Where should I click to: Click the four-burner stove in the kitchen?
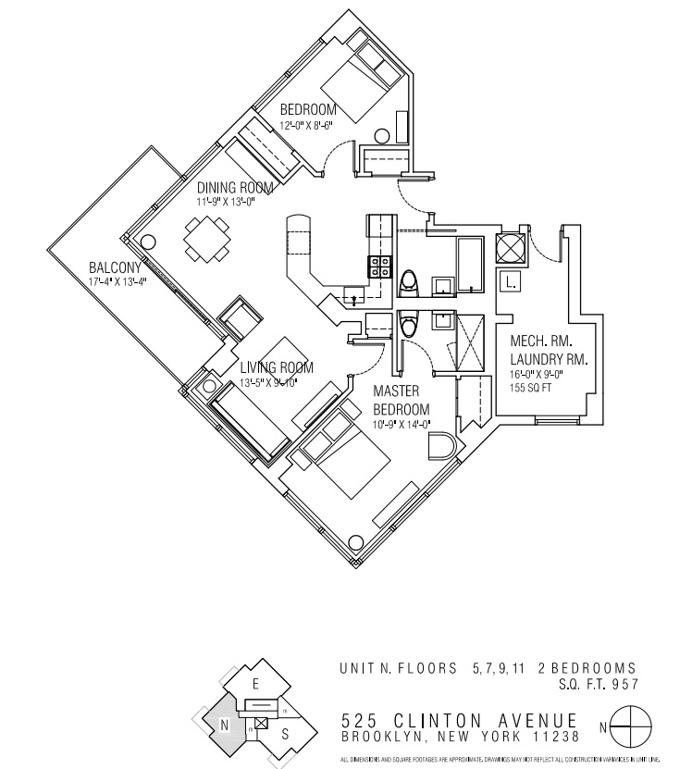[x=380, y=267]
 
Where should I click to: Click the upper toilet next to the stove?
[x=409, y=282]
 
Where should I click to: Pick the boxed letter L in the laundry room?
[x=512, y=280]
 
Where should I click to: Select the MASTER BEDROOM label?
[x=402, y=401]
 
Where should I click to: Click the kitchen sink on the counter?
[x=352, y=296]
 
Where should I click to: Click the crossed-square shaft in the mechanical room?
[x=512, y=248]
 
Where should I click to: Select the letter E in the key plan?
[x=254, y=685]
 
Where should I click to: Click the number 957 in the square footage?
[x=623, y=684]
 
